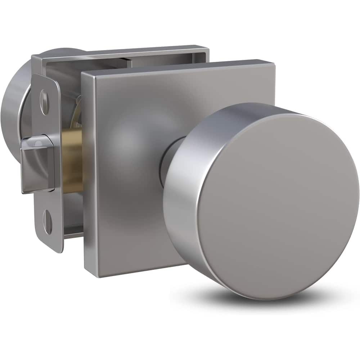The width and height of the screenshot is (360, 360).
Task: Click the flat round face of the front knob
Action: coord(277,205)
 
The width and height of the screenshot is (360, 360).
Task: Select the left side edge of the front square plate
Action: coord(84,173)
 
